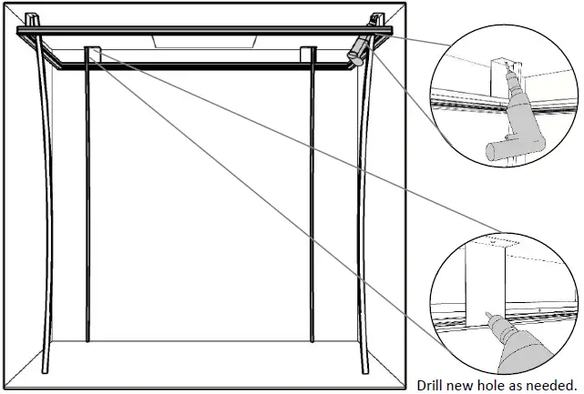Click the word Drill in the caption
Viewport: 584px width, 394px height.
point(431,383)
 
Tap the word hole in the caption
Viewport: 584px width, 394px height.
point(488,383)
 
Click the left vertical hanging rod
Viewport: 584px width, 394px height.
point(87,200)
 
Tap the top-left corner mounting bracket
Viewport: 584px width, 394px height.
point(31,19)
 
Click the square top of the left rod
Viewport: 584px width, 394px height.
point(92,53)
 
